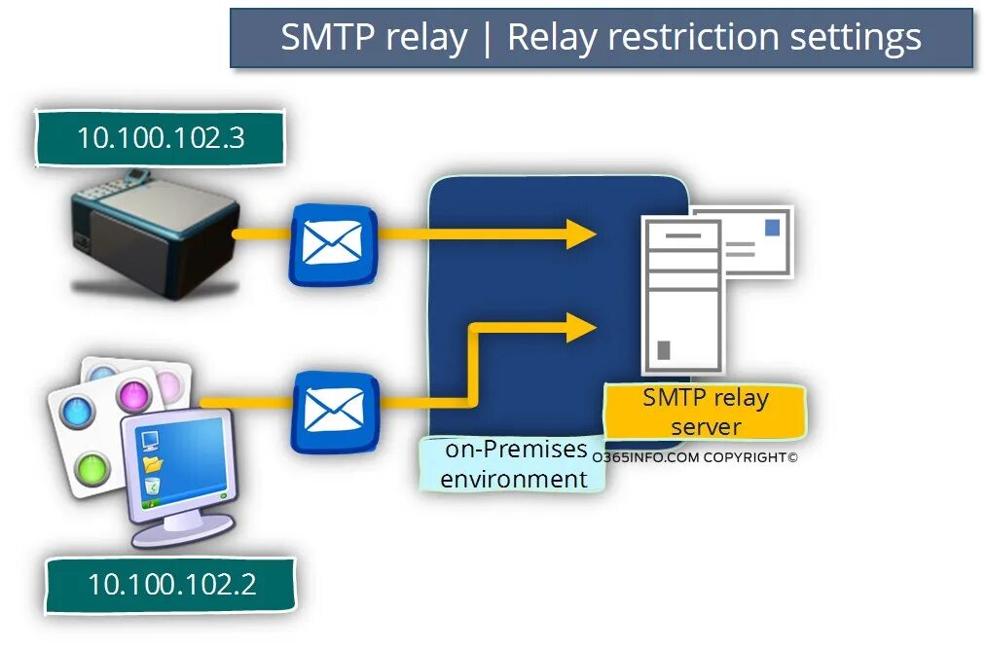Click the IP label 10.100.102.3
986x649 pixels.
pos(161,138)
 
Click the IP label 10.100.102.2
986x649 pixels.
pos(171,584)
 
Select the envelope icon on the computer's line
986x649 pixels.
pos(334,410)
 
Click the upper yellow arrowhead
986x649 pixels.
pos(582,234)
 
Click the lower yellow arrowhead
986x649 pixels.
pos(582,327)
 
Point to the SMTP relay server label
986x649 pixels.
pos(705,412)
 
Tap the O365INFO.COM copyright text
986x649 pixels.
pos(694,456)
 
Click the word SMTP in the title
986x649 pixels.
pos(328,38)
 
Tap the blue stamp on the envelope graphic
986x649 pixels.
pos(772,228)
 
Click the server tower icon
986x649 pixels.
pos(681,297)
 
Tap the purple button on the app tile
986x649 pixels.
pos(132,396)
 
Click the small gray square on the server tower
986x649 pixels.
pos(664,349)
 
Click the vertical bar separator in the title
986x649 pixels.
pos(487,38)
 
